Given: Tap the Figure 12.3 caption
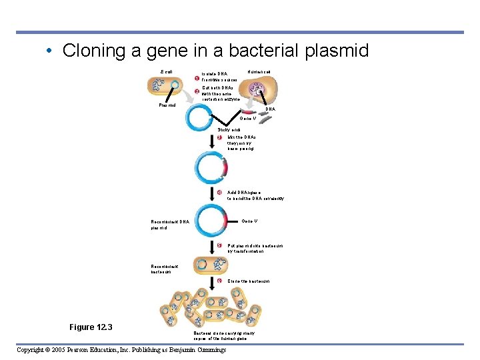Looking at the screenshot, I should [x=91, y=327].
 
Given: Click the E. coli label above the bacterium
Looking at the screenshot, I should [x=167, y=72].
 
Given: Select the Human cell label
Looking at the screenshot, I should [x=259, y=72].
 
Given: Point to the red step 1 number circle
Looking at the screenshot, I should [x=197, y=79].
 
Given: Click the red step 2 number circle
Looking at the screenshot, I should [x=197, y=91].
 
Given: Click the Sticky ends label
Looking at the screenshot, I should [x=231, y=129].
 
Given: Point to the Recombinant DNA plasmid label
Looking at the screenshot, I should [x=170, y=225].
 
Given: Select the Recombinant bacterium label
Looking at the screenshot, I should [x=165, y=269].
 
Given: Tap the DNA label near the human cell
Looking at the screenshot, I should [x=271, y=109].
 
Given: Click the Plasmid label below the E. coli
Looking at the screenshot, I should [x=167, y=105].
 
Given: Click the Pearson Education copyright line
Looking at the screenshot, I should [x=121, y=350].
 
